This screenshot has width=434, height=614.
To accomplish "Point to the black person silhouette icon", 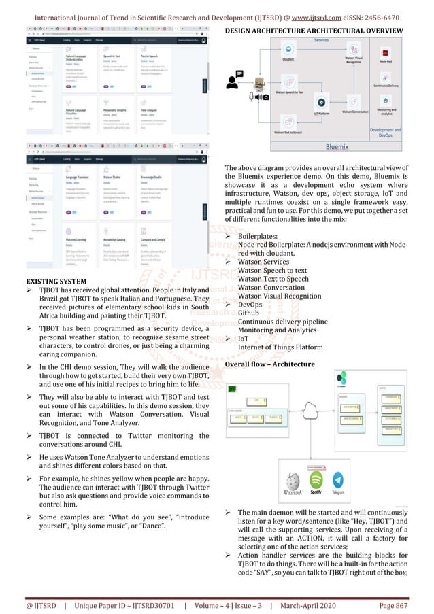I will pos(233,81).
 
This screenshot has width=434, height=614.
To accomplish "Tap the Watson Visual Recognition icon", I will pos(354,50).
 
